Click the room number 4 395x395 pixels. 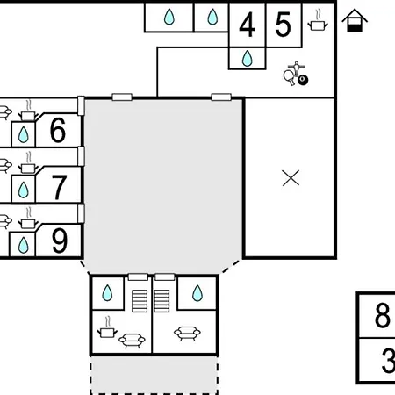click(248, 25)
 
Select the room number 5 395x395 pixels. click(283, 25)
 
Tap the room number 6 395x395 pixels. click(58, 130)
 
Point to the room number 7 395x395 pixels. click(59, 187)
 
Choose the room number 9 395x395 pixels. click(60, 241)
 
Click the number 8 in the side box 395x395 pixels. click(383, 315)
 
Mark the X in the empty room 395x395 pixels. click(291, 178)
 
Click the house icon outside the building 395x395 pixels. click(355, 20)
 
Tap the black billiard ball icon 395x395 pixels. click(303, 80)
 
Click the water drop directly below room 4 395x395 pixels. click(248, 58)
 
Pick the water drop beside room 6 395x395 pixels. click(24, 135)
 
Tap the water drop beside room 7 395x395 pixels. click(24, 190)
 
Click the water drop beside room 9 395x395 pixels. click(24, 245)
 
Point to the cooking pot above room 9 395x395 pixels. click(28, 219)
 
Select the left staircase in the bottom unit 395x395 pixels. click(140, 301)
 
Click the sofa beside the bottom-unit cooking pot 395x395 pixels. click(132, 341)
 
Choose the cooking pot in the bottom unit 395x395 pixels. click(107, 327)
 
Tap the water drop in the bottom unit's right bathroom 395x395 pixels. click(197, 293)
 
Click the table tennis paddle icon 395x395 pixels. click(290, 77)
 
